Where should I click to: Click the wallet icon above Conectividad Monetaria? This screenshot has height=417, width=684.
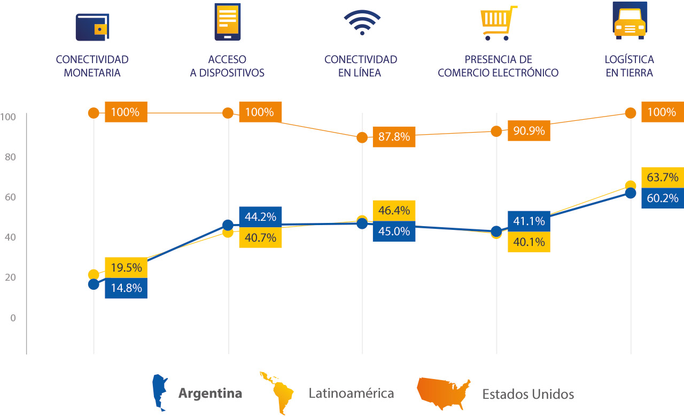(92, 27)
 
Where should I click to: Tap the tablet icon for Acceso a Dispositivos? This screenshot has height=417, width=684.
(228, 22)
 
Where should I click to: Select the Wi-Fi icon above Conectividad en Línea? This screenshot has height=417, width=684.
(362, 22)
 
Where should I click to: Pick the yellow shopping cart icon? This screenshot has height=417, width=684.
(498, 23)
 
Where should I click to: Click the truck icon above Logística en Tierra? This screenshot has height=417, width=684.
(629, 21)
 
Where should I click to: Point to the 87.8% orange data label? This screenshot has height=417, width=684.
(394, 137)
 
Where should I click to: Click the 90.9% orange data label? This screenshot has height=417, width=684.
(528, 130)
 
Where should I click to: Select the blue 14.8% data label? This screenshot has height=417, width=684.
(126, 288)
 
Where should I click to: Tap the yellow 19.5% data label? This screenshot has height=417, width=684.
(126, 267)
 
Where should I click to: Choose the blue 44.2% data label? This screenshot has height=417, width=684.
(260, 217)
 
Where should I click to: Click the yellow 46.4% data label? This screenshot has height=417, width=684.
(394, 211)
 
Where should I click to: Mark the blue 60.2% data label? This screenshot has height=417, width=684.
(662, 198)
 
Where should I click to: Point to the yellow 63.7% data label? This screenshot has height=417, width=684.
(662, 177)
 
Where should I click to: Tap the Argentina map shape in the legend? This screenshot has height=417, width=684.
(159, 392)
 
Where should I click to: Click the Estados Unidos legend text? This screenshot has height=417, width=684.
(528, 395)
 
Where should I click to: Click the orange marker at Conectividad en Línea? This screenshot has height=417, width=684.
(362, 137)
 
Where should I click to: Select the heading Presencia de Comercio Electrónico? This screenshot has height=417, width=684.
(498, 66)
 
